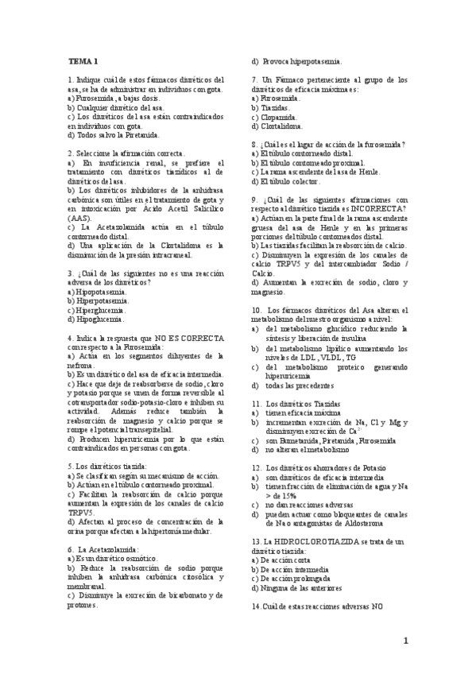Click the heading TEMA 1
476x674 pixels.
coord(83,61)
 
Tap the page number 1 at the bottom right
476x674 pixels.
coord(404,641)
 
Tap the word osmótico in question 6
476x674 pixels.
coord(120,560)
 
